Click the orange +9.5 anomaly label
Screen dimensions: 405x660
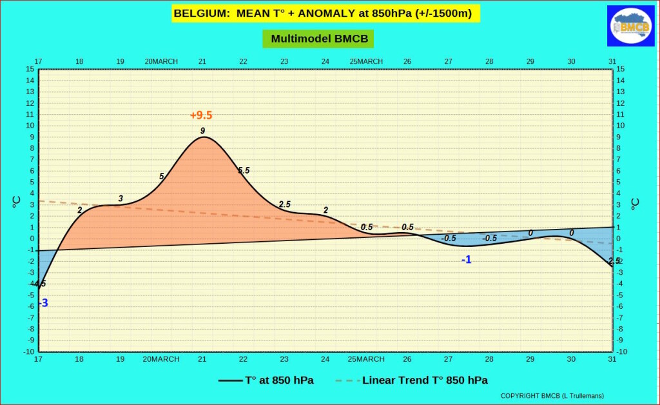[x=201, y=115]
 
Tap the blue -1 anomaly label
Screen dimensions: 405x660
[x=466, y=259]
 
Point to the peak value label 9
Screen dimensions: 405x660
[x=202, y=131]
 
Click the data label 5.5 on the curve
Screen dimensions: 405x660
[x=244, y=170]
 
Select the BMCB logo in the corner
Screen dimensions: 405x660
[x=630, y=26]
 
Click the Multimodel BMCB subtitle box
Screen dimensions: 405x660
[x=318, y=39]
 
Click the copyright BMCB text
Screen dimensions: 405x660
[x=552, y=395]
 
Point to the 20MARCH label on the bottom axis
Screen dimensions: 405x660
[x=161, y=359]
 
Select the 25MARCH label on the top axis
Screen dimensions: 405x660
[x=366, y=61]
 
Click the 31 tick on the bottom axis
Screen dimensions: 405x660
[x=612, y=359]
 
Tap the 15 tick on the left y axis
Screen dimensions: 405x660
[x=30, y=69]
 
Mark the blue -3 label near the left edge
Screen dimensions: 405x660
[x=43, y=303]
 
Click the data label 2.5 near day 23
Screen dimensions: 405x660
[x=285, y=204]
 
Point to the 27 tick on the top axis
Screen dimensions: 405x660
[x=448, y=61]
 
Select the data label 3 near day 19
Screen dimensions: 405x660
[x=121, y=199]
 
